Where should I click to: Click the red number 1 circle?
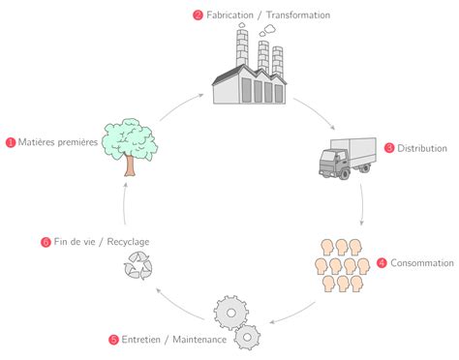pos(11,142)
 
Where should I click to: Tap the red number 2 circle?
pos(199,15)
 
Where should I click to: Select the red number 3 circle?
pos(389,148)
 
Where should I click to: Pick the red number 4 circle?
pos(382,262)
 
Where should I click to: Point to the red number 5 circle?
pos(114,340)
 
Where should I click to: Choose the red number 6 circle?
pos(46,242)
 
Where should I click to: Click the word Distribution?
pos(421,148)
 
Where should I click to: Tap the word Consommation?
pos(422,262)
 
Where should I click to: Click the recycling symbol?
pos(138,266)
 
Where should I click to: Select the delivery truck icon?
pos(346,157)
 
